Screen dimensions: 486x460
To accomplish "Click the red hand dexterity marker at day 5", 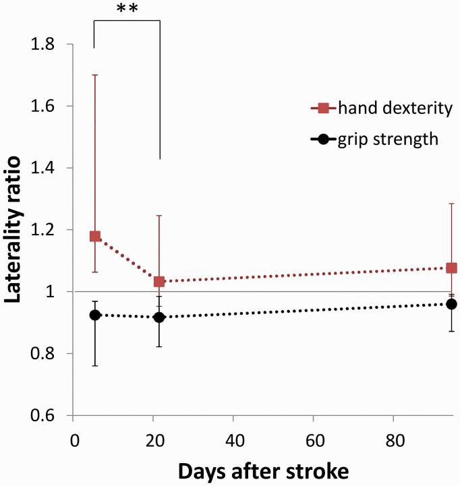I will [x=95, y=236].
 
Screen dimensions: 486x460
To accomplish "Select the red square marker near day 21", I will [x=159, y=281].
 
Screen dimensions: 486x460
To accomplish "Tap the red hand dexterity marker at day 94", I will [x=451, y=268].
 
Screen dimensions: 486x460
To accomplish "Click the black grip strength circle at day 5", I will [x=95, y=315].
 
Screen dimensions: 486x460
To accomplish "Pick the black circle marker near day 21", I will [x=159, y=317].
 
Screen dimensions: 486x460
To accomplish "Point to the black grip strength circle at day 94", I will [x=451, y=304].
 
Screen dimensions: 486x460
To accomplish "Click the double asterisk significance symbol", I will [x=127, y=9].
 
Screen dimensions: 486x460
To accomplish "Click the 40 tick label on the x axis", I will [x=233, y=439].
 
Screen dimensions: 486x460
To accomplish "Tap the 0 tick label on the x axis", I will [x=74, y=439].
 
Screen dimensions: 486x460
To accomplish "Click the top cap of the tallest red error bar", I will [x=95, y=75].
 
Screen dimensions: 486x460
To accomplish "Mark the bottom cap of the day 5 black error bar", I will [x=95, y=365].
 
